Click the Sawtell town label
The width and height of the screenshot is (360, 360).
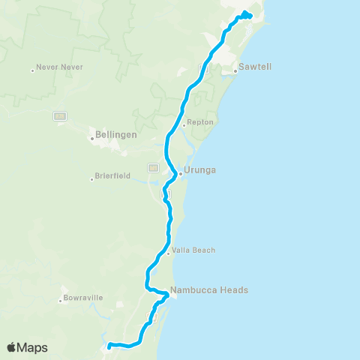255,67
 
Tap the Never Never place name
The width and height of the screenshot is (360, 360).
60,67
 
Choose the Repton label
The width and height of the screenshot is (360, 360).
200,121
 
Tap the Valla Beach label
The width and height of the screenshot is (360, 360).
194,250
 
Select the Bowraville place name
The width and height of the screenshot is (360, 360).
85,298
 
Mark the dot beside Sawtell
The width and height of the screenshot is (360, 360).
235,71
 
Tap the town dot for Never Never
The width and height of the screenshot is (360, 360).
33,71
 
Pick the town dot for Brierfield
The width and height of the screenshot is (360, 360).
92,179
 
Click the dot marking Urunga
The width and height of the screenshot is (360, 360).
181,174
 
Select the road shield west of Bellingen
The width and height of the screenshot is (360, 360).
59,115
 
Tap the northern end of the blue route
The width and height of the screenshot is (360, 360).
247,15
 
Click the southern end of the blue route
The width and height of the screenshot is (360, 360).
109,346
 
